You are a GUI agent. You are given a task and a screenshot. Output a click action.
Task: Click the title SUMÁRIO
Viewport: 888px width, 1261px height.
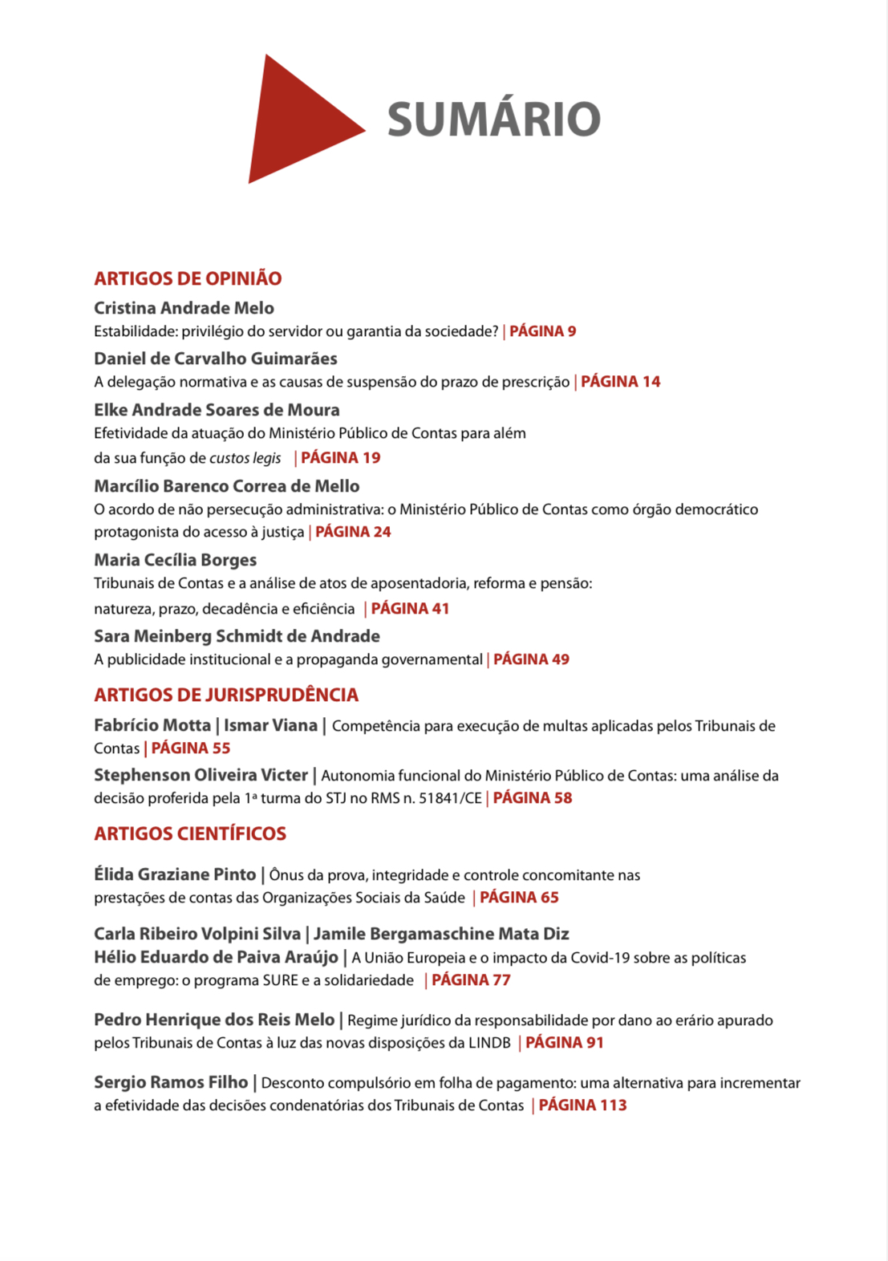pyautogui.click(x=493, y=120)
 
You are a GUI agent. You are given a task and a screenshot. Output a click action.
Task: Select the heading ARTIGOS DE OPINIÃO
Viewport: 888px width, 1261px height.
pyautogui.click(x=188, y=278)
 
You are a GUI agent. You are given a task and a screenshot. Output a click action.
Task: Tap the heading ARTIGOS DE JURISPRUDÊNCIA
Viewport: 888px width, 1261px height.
pyautogui.click(x=226, y=695)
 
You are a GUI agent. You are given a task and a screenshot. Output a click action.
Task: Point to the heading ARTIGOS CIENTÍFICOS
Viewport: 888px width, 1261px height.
pyautogui.click(x=190, y=833)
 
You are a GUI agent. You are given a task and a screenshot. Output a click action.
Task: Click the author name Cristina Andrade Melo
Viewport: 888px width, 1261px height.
pyautogui.click(x=184, y=308)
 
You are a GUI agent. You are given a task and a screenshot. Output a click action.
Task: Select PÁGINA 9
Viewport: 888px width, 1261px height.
pyautogui.click(x=542, y=331)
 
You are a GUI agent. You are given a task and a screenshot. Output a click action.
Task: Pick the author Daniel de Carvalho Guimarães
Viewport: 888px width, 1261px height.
pyautogui.click(x=215, y=359)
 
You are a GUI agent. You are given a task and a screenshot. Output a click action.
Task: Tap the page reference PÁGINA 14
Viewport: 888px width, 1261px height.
pyautogui.click(x=620, y=382)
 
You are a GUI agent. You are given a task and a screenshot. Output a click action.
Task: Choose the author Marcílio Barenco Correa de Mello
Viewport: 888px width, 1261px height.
pyautogui.click(x=226, y=486)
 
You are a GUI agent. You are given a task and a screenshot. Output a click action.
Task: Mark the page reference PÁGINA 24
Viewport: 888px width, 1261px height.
pyautogui.click(x=353, y=532)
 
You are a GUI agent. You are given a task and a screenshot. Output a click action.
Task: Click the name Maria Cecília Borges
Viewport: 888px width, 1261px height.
pyautogui.click(x=175, y=560)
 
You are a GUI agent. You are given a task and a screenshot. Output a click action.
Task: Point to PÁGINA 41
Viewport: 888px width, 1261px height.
pyautogui.click(x=409, y=609)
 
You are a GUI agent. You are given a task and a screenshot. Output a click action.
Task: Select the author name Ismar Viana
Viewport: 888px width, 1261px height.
pyautogui.click(x=270, y=725)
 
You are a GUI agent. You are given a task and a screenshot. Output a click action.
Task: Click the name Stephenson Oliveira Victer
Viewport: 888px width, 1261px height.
pyautogui.click(x=201, y=775)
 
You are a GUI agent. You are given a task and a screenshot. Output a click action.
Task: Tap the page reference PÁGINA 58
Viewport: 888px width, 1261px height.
pyautogui.click(x=532, y=798)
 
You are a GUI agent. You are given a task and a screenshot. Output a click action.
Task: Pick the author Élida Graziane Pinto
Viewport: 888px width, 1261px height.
pyautogui.click(x=175, y=874)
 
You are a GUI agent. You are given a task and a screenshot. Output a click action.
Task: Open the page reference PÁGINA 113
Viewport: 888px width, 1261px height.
pyautogui.click(x=582, y=1105)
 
